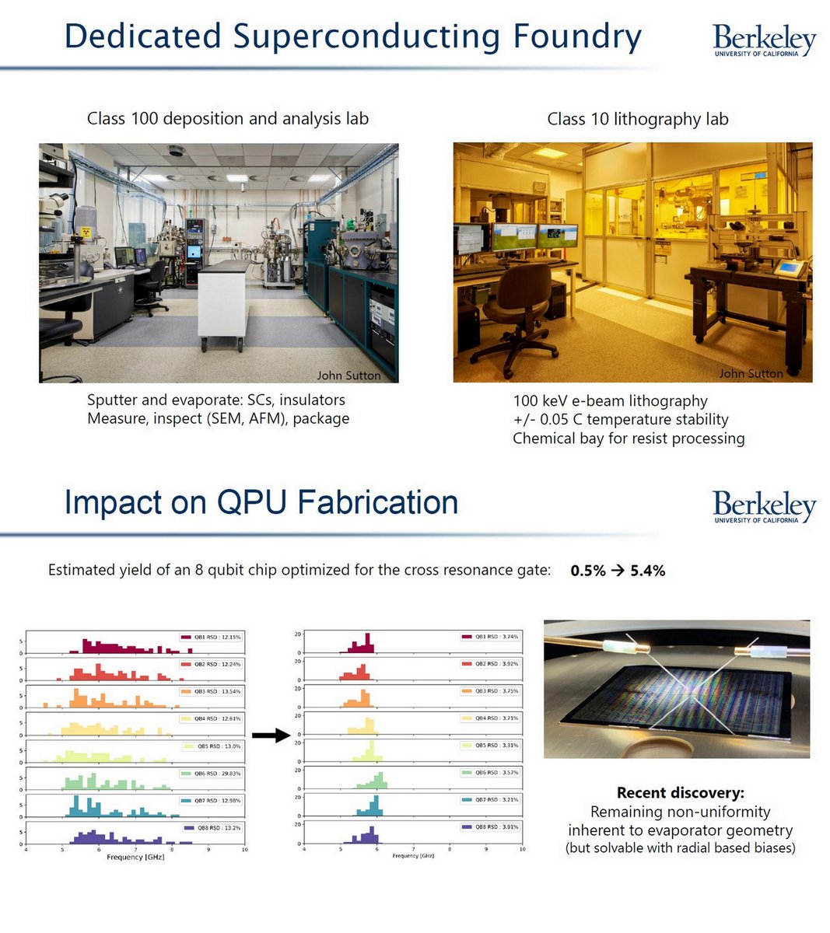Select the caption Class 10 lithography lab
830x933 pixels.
pyautogui.click(x=637, y=119)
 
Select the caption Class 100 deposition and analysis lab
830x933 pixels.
pyautogui.click(x=227, y=118)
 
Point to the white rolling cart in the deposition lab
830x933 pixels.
pyautogui.click(x=223, y=303)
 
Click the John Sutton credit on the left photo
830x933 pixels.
pyautogui.click(x=348, y=376)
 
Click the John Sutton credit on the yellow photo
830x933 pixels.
pyautogui.click(x=751, y=374)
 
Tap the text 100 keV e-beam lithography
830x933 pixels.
pyautogui.click(x=610, y=401)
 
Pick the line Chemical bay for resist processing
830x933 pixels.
pyautogui.click(x=629, y=439)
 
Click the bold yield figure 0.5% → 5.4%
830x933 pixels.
pyautogui.click(x=618, y=571)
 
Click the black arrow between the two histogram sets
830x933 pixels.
pyautogui.click(x=271, y=736)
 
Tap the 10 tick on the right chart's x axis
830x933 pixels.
pyautogui.click(x=522, y=849)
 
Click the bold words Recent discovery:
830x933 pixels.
pyautogui.click(x=680, y=793)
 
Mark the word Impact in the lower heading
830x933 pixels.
pyautogui.click(x=114, y=502)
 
